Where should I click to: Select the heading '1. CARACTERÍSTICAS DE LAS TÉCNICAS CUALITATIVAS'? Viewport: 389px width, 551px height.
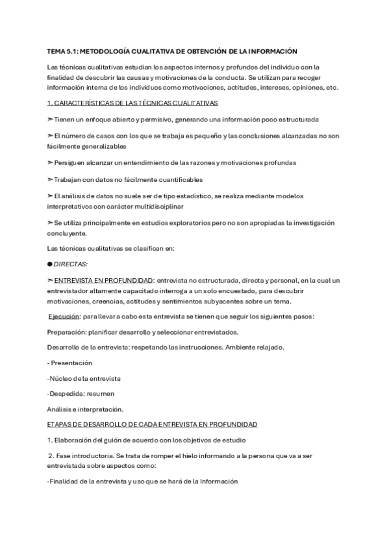coord(132,103)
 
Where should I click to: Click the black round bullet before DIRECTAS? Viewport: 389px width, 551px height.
coord(49,264)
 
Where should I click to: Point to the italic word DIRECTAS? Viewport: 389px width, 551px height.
coord(71,264)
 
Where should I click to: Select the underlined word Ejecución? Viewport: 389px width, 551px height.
coord(66,316)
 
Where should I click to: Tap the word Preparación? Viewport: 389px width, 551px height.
coord(68,332)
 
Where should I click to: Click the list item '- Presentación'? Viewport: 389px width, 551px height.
coord(70,363)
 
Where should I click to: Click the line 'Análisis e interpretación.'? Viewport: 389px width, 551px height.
coord(86,409)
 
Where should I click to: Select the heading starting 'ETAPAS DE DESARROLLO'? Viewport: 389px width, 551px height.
coord(153,424)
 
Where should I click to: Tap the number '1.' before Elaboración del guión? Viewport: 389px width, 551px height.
coord(50,440)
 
